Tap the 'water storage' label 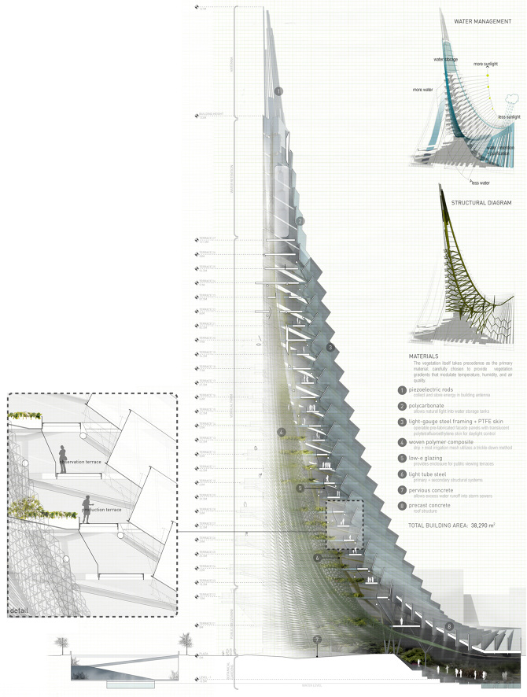click(445, 60)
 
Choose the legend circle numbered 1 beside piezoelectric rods click(403, 390)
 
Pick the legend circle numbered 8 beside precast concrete click(403, 506)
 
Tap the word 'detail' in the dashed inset click(19, 610)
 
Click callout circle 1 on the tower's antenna click(279, 91)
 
